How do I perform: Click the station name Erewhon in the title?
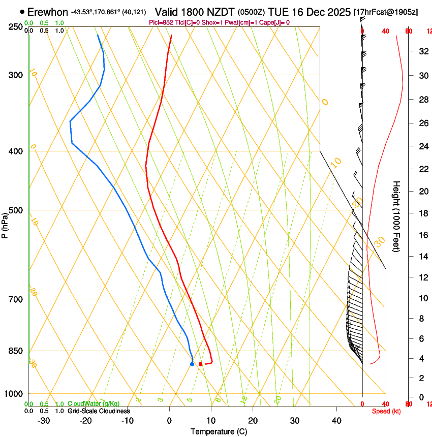click(x=47, y=12)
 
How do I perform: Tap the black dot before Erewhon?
click(x=22, y=12)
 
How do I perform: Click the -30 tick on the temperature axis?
click(x=44, y=421)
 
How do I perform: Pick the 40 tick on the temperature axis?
click(x=336, y=421)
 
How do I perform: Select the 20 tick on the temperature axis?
click(x=253, y=421)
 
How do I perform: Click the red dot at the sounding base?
click(x=201, y=364)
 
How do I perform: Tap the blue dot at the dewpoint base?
click(x=192, y=364)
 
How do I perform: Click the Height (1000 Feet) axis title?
click(x=396, y=216)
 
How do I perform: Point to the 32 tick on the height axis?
click(x=423, y=51)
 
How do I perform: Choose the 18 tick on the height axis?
click(x=423, y=213)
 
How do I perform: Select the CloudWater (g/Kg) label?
click(x=94, y=403)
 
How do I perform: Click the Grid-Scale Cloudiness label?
click(x=99, y=411)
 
